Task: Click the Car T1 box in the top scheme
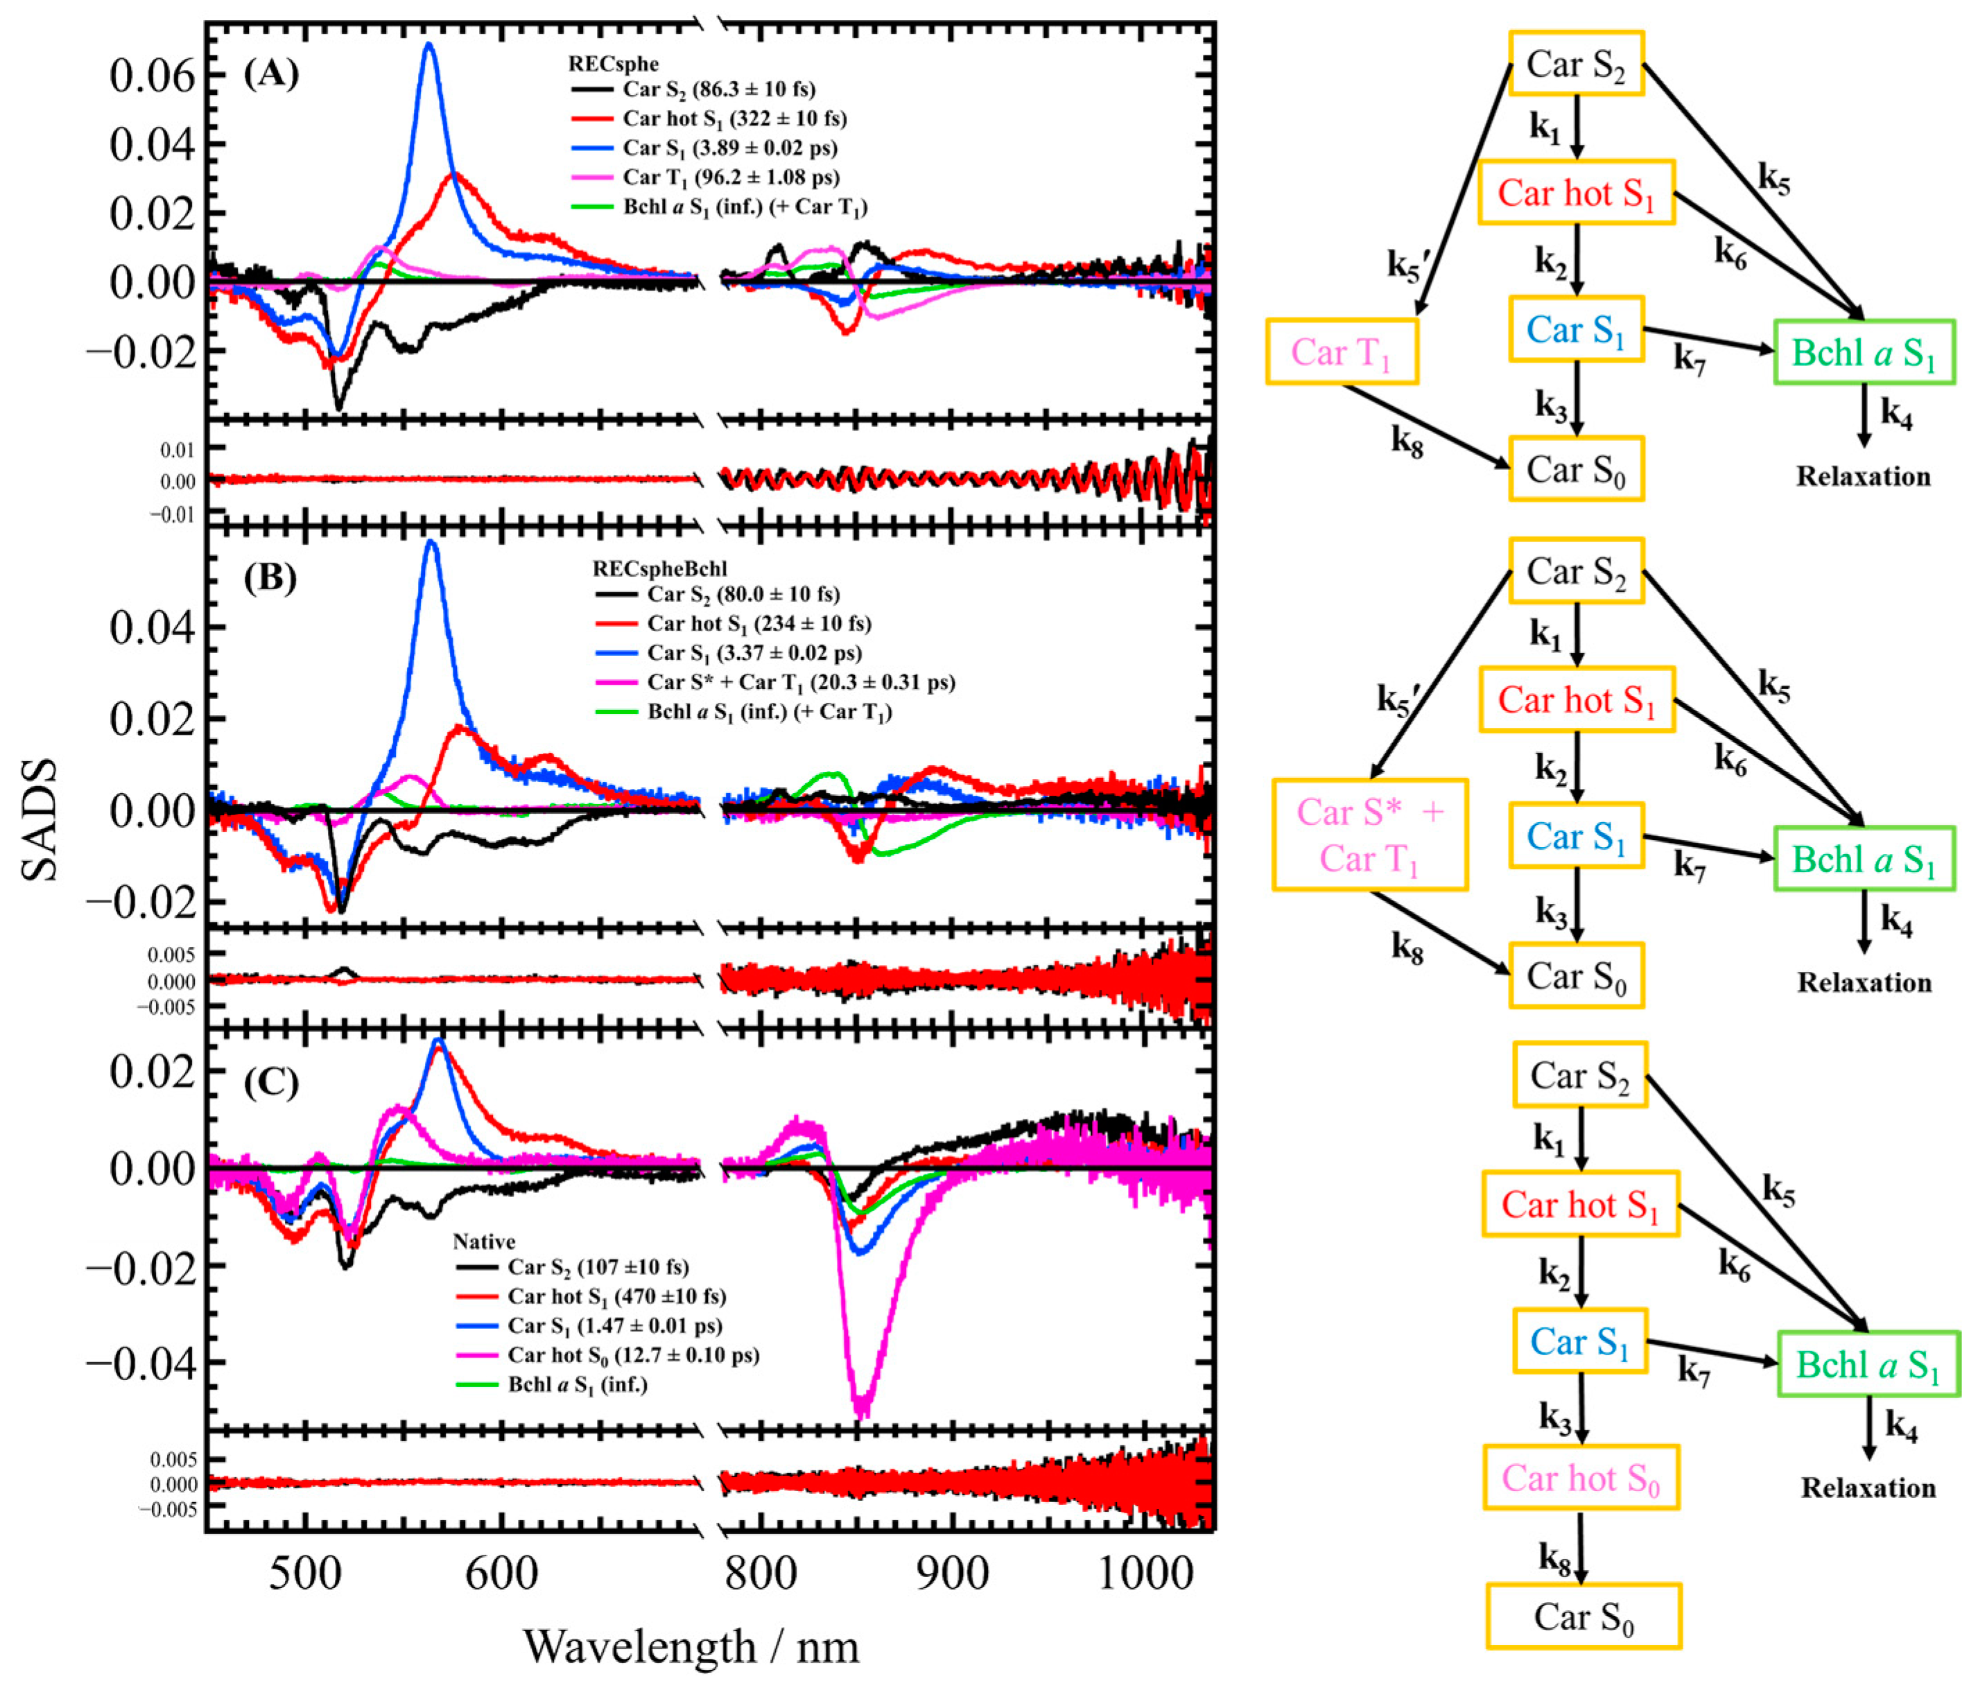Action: click(1342, 352)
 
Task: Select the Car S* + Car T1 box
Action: click(1369, 835)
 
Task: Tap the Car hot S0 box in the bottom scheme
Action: click(1580, 1477)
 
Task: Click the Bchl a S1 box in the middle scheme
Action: click(1864, 859)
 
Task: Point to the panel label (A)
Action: click(271, 73)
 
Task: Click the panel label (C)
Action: click(271, 1082)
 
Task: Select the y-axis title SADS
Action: click(40, 819)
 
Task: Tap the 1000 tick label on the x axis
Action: click(1145, 1571)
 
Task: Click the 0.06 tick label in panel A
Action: click(152, 76)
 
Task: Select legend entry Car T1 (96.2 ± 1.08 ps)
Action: click(730, 177)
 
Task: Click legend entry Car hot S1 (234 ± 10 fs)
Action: click(759, 624)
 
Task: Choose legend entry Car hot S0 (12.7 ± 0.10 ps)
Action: click(633, 1355)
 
